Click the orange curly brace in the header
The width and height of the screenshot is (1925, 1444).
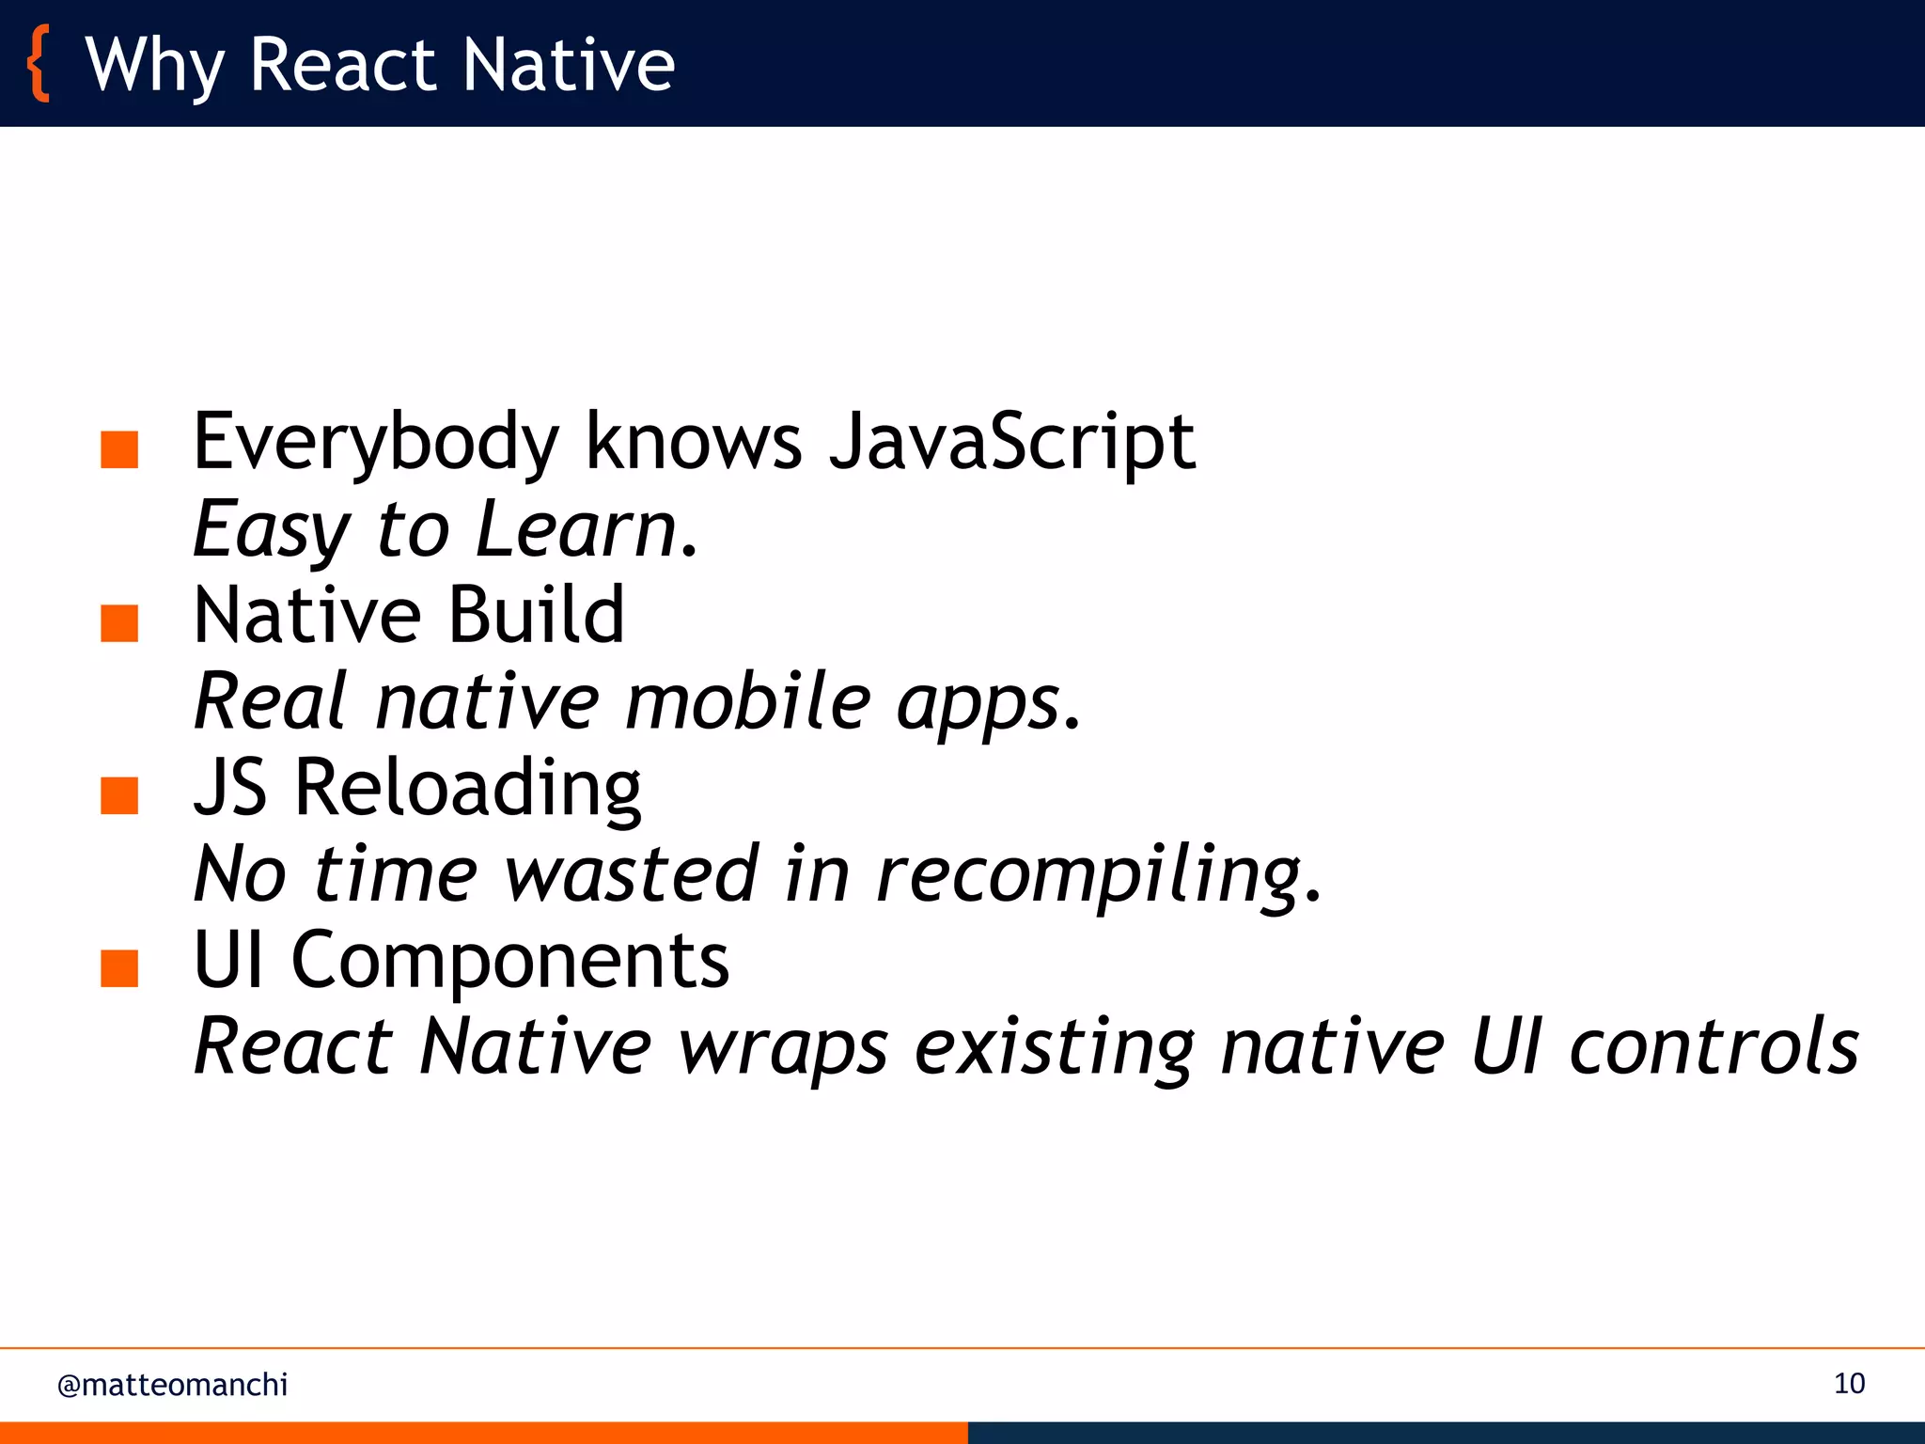click(39, 64)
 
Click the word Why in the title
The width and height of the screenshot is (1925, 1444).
click(154, 66)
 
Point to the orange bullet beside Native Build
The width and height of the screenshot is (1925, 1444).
click(119, 622)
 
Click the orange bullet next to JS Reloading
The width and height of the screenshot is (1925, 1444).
click(119, 795)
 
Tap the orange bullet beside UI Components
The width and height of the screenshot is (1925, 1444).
click(119, 968)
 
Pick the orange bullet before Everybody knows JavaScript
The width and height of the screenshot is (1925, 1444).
click(119, 449)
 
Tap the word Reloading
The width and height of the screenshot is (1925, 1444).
click(467, 788)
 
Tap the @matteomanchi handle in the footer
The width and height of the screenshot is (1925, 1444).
click(172, 1385)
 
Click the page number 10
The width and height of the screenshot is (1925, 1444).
click(1849, 1384)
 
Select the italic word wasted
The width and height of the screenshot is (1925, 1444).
click(631, 874)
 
